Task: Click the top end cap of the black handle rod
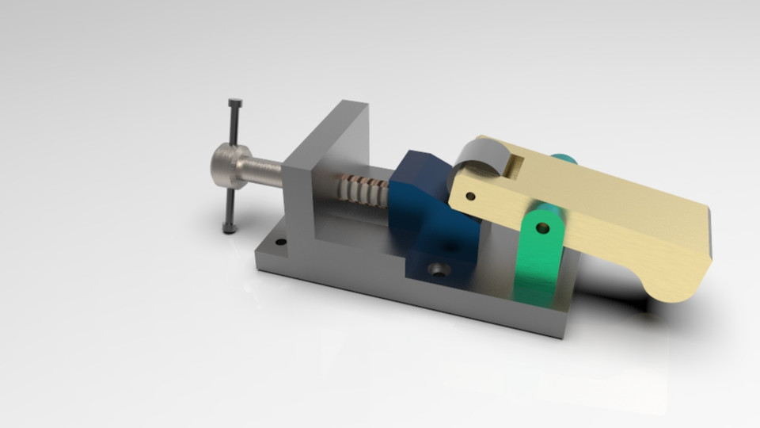pyautogui.click(x=235, y=103)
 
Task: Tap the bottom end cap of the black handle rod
pyautogui.click(x=230, y=229)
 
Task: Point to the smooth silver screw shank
pyautogui.click(x=265, y=171)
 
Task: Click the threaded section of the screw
pyautogui.click(x=364, y=191)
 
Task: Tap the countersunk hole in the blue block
pyautogui.click(x=439, y=269)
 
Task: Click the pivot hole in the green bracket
pyautogui.click(x=542, y=227)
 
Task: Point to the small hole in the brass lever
pyautogui.click(x=470, y=196)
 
